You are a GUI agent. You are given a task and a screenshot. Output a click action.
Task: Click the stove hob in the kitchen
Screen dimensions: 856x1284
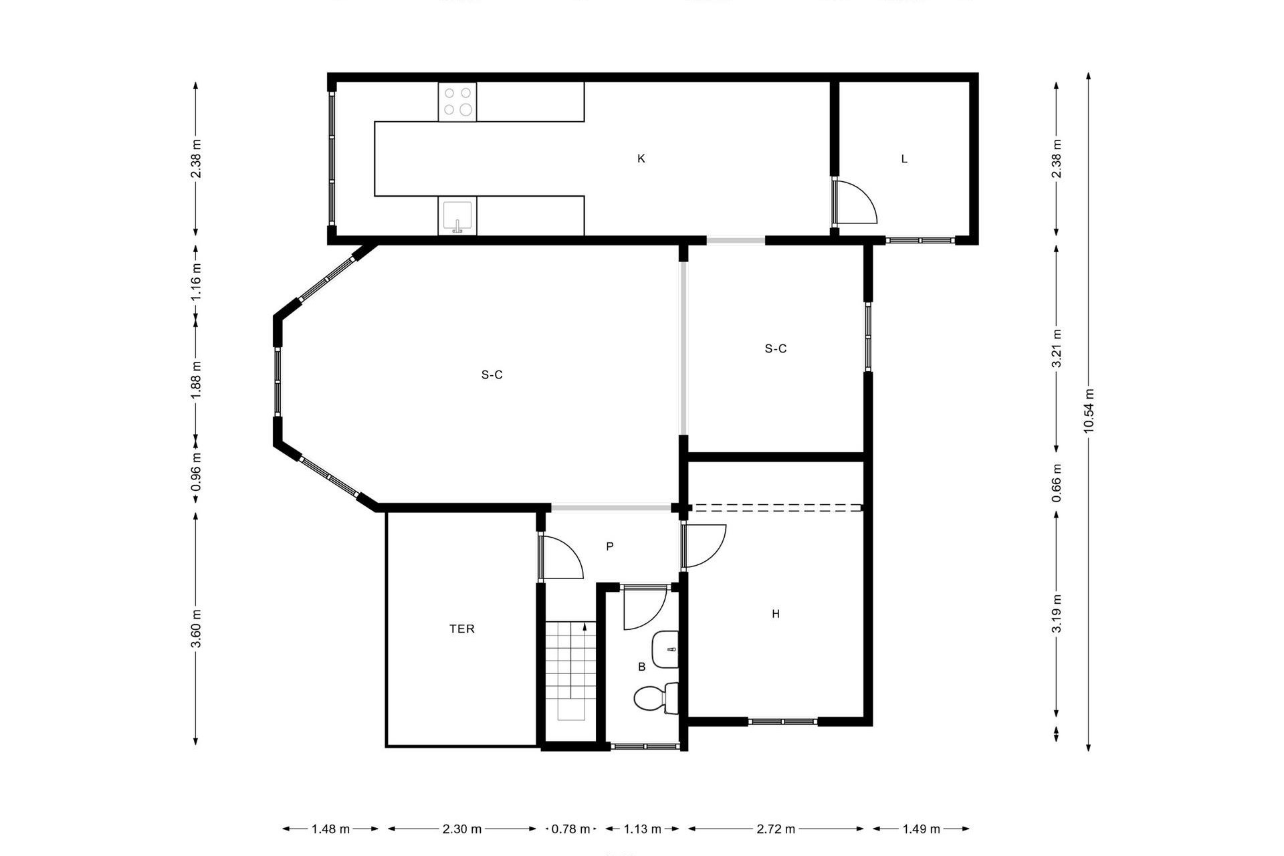457,102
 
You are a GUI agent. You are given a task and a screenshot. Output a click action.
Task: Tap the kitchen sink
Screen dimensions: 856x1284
457,216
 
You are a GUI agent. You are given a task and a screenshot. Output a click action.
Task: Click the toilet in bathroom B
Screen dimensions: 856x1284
655,699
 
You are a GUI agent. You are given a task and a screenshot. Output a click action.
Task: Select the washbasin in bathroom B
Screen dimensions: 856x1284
665,649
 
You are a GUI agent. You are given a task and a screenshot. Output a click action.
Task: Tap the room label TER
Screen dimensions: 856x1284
462,629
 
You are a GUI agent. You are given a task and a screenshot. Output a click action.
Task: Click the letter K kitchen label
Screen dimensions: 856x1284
641,158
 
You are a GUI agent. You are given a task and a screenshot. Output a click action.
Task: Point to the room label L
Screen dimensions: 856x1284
904,158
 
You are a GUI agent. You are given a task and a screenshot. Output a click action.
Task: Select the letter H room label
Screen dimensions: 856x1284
776,614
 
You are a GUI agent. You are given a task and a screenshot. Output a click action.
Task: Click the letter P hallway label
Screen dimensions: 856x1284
610,546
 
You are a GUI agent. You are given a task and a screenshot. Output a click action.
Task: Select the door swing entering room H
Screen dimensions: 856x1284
704,546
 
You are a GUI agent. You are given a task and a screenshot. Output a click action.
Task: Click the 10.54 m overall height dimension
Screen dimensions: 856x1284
1089,411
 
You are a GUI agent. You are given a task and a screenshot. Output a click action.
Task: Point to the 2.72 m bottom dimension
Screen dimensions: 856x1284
776,829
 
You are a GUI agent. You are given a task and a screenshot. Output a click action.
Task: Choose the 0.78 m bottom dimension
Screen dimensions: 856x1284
570,829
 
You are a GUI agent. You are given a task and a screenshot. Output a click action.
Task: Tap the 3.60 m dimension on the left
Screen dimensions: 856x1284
196,629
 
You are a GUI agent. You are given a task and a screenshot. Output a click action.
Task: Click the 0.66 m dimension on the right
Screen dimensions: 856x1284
1057,483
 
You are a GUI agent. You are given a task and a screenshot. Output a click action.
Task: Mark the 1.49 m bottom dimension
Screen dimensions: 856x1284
921,829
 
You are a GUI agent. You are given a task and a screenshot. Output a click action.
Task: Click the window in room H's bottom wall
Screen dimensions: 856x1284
782,722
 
